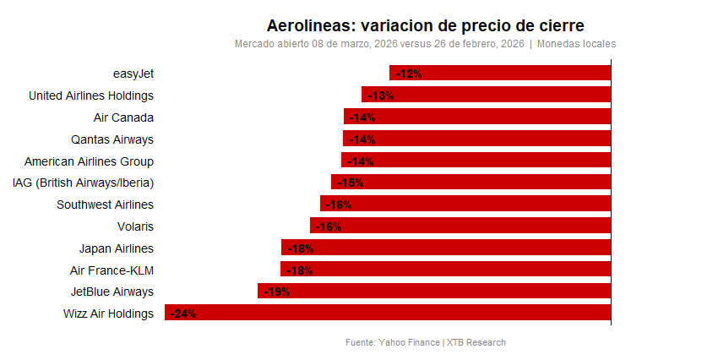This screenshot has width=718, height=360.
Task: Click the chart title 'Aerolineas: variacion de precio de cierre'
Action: [x=425, y=25]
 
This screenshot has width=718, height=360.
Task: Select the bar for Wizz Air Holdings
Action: [x=388, y=314]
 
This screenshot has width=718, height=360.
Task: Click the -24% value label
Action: [x=183, y=314]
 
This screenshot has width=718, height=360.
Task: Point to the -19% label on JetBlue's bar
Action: [x=276, y=292]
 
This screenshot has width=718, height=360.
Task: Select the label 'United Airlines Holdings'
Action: [x=91, y=95]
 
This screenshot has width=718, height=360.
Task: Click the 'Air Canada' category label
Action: [x=123, y=117]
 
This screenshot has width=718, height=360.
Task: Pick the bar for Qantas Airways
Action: [x=476, y=139]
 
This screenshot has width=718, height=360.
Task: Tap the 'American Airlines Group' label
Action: [x=89, y=161]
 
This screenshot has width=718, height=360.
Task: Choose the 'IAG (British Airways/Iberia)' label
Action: [x=83, y=183]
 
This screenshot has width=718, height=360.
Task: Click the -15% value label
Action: [x=350, y=183]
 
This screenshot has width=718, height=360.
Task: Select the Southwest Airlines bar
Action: [x=465, y=205]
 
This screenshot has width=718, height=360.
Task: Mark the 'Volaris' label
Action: [x=135, y=226]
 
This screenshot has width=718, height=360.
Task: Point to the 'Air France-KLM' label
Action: [x=112, y=270]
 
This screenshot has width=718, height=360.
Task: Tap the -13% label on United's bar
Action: [x=380, y=95]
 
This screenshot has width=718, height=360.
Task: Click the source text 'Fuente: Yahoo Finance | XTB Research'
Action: [x=426, y=342]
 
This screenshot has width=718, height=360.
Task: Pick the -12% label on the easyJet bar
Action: [x=409, y=74]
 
